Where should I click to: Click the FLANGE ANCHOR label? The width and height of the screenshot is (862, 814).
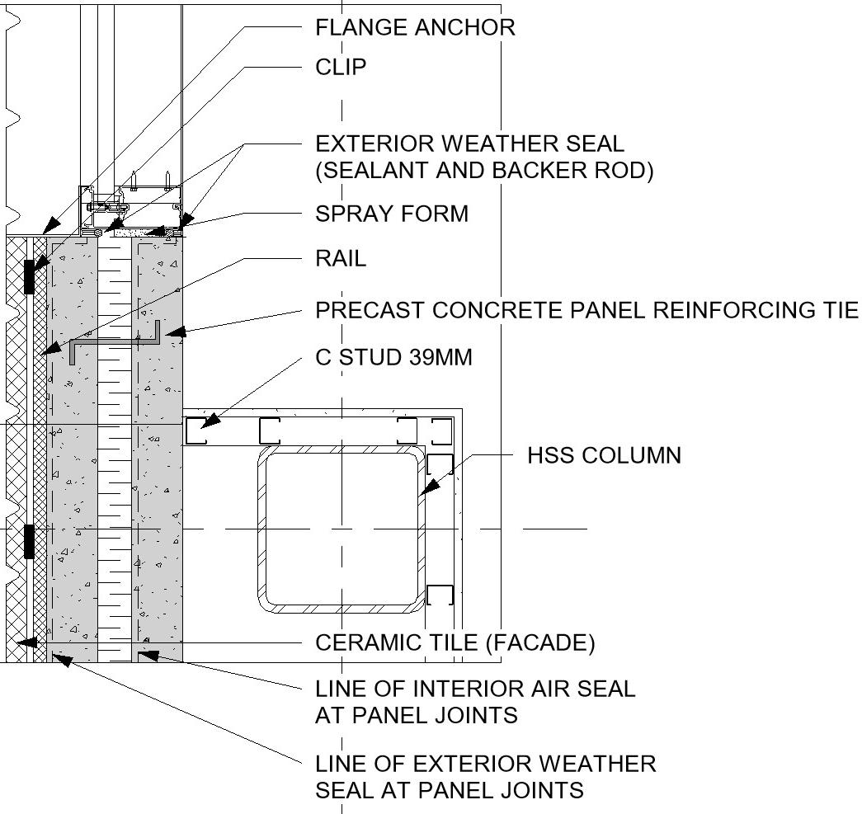(415, 27)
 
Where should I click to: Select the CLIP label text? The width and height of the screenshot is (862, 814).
(341, 67)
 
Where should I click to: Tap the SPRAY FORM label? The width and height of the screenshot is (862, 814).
(392, 214)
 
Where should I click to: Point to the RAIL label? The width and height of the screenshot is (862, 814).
(341, 259)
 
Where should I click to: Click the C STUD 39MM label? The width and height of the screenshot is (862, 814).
(393, 357)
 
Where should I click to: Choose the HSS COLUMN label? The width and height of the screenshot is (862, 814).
(604, 454)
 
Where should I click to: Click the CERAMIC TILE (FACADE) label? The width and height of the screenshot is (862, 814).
(455, 642)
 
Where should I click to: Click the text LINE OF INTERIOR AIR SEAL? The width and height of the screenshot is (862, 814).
(475, 688)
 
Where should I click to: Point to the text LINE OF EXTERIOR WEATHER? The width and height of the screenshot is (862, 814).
(485, 763)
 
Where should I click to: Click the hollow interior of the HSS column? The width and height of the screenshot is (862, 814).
(342, 528)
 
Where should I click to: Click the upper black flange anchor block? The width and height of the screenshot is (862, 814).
(29, 276)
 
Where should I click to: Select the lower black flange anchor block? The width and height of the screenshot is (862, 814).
(29, 541)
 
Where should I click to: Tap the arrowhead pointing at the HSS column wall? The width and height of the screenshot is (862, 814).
(422, 492)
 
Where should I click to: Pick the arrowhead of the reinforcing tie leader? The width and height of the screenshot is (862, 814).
(171, 334)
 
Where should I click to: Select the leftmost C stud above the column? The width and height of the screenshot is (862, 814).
(195, 431)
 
